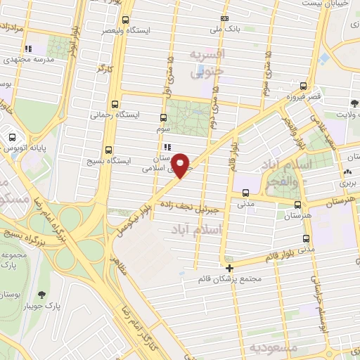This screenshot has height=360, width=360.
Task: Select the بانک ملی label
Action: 229,30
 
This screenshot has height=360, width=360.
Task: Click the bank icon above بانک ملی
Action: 224,18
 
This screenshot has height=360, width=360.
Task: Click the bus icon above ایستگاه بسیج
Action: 108,149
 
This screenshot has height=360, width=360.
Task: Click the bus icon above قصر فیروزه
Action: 304,84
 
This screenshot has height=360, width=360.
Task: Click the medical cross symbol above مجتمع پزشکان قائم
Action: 229,267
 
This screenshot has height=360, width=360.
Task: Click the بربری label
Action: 349,182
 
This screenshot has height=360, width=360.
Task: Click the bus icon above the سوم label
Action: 164,118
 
